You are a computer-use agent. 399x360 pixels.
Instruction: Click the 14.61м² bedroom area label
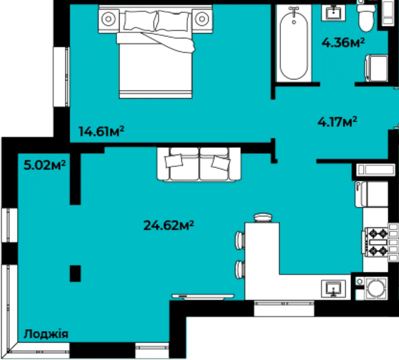click(x=102, y=132)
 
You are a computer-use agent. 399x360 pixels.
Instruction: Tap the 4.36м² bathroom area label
click(x=343, y=43)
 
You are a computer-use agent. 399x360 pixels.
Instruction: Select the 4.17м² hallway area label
click(x=337, y=122)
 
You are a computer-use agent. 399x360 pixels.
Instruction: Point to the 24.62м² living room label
click(x=169, y=225)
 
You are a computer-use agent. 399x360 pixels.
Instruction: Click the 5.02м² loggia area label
click(x=45, y=165)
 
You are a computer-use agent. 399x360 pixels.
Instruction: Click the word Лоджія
click(x=46, y=334)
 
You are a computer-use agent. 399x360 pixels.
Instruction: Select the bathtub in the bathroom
click(x=294, y=44)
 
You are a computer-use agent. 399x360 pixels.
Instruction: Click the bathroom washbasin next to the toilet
click(x=333, y=12)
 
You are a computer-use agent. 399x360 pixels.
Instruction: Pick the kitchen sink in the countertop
click(x=333, y=289)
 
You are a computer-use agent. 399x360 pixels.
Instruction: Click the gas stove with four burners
click(x=376, y=242)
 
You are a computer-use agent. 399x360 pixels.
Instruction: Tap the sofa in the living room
click(x=199, y=164)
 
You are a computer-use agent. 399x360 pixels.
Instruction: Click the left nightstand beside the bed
click(x=109, y=19)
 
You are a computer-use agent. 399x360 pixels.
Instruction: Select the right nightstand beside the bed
click(x=202, y=19)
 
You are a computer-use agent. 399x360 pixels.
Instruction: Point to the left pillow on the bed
click(x=140, y=21)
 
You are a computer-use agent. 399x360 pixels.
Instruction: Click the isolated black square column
click(x=75, y=274)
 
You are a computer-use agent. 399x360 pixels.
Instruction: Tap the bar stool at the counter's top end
click(x=263, y=218)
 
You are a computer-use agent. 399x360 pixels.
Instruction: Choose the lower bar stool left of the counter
click(x=240, y=270)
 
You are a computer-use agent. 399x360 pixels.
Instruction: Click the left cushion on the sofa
click(x=174, y=161)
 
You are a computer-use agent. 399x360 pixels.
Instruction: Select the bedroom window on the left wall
click(x=61, y=77)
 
